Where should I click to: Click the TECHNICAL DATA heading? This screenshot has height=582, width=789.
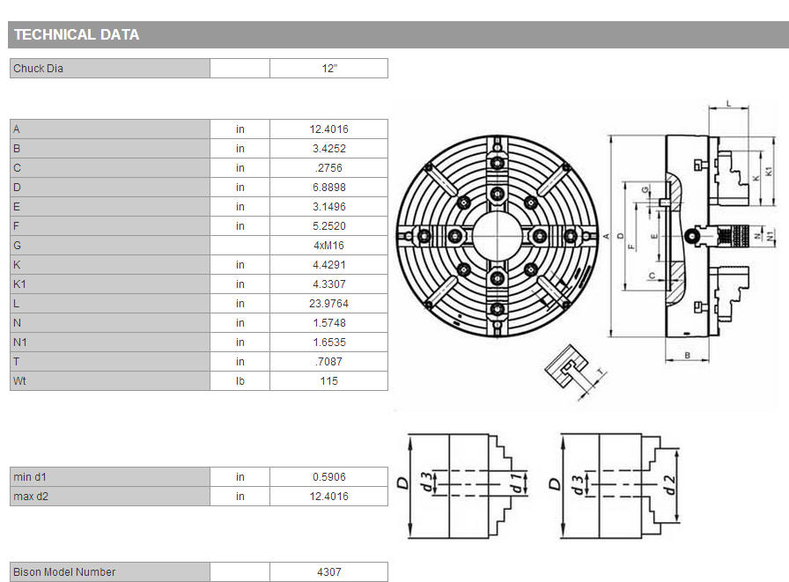pos(77,34)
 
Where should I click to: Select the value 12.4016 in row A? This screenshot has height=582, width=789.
pos(328,129)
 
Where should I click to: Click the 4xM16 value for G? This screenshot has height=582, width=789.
pos(328,246)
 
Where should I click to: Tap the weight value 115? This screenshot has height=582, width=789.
pos(328,380)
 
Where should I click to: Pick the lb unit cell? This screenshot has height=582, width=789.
pos(240,380)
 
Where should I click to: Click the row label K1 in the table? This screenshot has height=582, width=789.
pos(19,284)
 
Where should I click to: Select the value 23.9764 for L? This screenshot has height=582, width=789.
pos(328,303)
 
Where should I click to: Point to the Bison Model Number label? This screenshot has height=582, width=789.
pos(64,572)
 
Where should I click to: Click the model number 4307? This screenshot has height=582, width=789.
pos(328,572)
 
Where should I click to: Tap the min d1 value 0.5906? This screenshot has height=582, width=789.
pos(328,477)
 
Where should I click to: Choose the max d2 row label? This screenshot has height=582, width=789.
pos(31,497)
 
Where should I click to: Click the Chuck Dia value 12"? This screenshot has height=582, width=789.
pos(329,69)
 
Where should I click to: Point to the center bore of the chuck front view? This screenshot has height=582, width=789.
pos(498,235)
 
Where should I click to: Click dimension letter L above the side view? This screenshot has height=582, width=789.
pos(728,104)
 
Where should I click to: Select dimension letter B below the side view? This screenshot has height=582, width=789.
pos(688,355)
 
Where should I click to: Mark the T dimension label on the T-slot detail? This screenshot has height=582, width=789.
pos(600,372)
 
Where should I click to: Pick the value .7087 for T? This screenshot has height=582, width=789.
pos(328,362)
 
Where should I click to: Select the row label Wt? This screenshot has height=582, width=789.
pos(19,380)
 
